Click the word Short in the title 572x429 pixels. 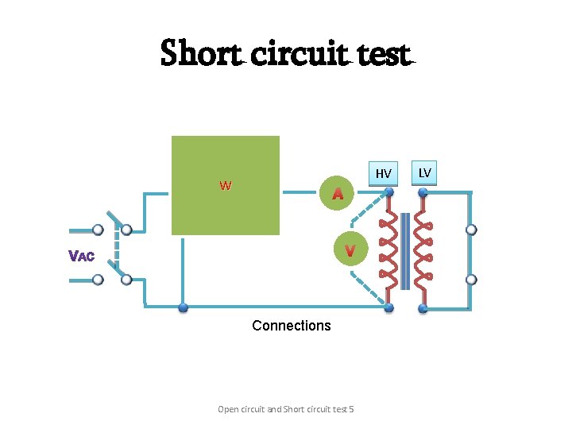coord(201,53)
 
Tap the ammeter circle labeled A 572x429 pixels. coord(338,192)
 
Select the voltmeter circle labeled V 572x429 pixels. coord(350,250)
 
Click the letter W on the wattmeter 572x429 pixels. coord(226,186)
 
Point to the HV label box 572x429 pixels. coord(384,173)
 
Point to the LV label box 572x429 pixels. coord(425,172)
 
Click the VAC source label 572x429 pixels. coord(82,256)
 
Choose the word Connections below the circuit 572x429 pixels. coord(291,326)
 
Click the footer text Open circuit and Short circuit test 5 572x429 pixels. coord(285,409)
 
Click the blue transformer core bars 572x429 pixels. coord(406,250)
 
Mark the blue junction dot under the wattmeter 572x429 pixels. coord(183,307)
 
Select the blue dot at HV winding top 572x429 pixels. coord(388,191)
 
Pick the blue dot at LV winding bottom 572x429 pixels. coord(423,308)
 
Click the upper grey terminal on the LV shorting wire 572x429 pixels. coord(471,230)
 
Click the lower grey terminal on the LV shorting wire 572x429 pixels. coord(471,280)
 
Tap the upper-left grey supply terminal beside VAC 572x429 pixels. coord(98,230)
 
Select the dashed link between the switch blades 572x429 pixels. coord(116,254)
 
